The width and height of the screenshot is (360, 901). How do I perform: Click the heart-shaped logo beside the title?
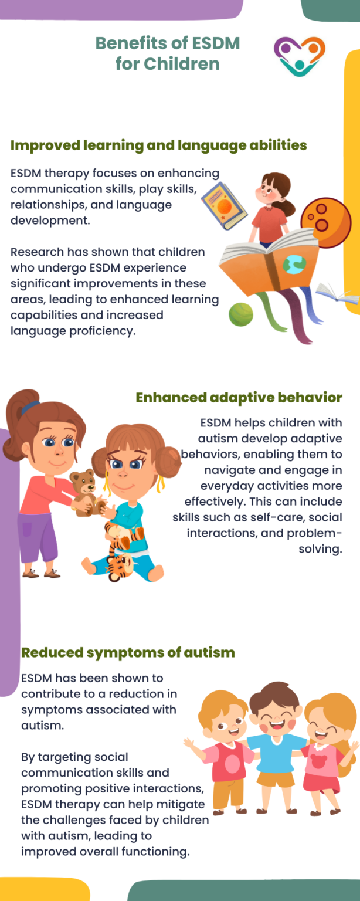click(299, 56)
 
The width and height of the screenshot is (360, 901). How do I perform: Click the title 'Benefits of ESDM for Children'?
click(167, 53)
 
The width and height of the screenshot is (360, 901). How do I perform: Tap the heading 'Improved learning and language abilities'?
click(158, 145)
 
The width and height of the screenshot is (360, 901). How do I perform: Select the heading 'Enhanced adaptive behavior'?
click(239, 397)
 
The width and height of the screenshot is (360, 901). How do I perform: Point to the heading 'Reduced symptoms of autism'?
click(128, 652)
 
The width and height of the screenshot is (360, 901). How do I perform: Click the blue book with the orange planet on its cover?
click(224, 205)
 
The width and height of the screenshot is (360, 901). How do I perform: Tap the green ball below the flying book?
click(241, 314)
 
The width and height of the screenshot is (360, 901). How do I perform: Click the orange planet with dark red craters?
click(325, 222)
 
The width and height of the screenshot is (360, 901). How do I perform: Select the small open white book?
click(337, 294)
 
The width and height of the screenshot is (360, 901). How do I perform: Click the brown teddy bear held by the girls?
click(86, 492)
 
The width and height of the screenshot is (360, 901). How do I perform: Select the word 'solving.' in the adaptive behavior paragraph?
click(320, 548)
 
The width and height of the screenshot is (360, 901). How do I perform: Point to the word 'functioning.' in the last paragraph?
click(155, 852)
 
